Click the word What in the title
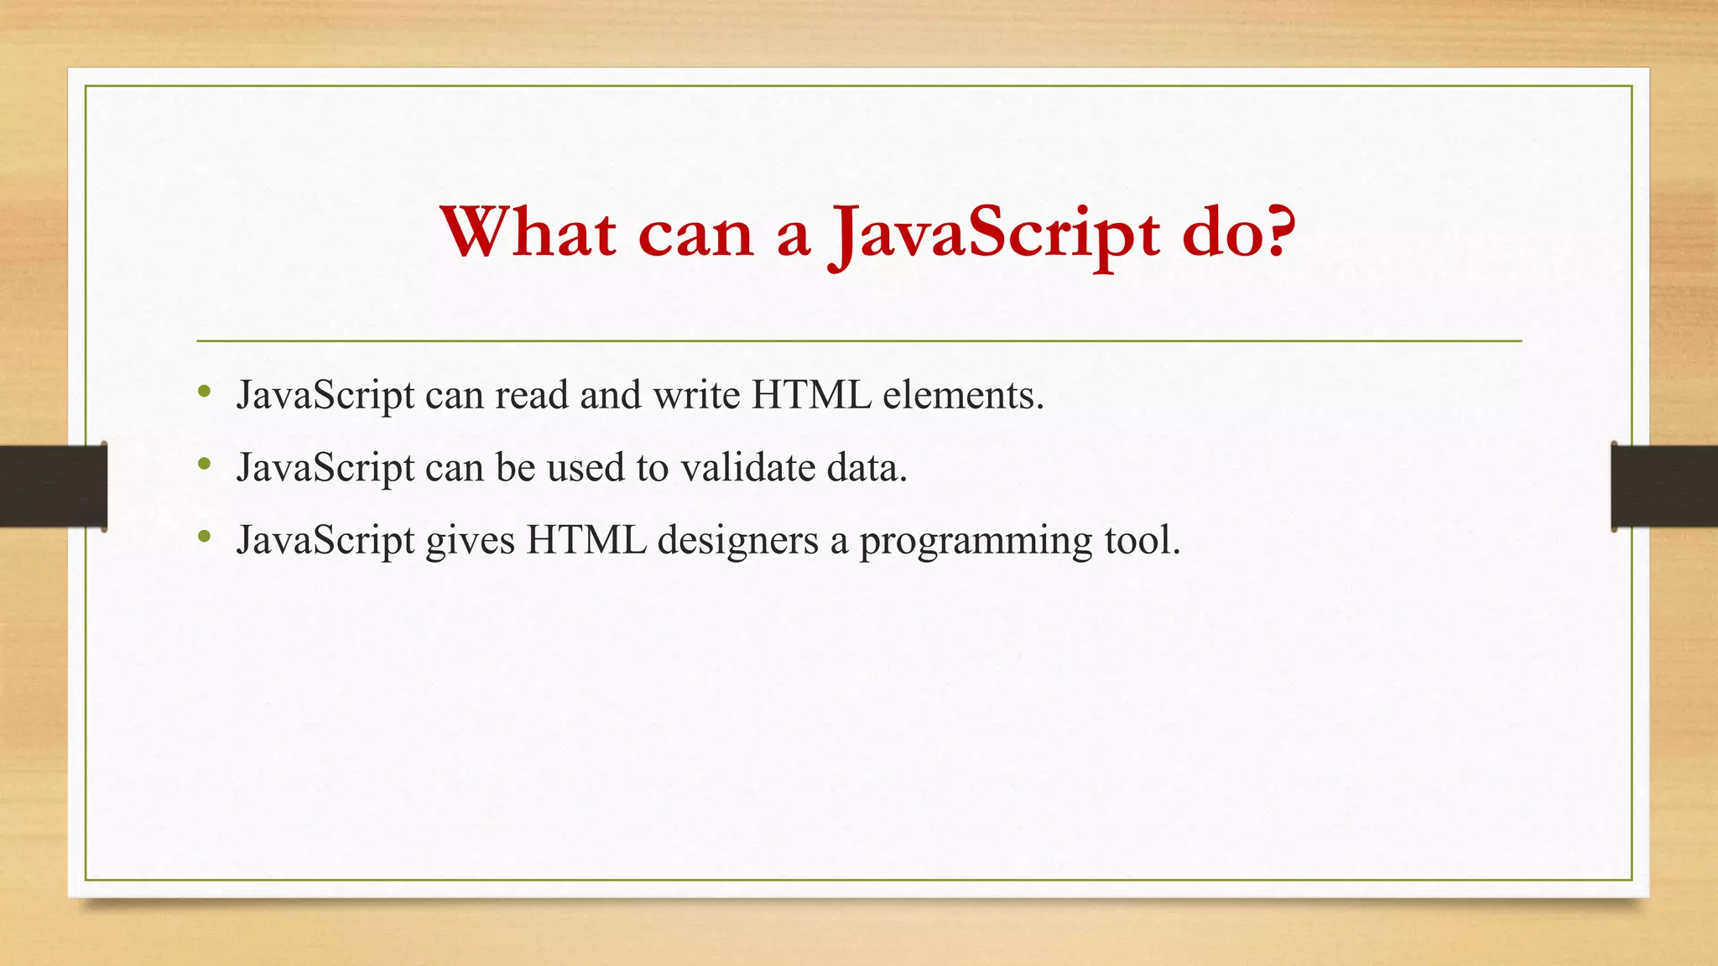pos(528,232)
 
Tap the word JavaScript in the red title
pos(994,235)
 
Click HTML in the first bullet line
pos(811,394)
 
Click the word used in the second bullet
pos(586,467)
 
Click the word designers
pos(737,539)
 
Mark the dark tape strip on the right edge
pos(1664,486)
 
